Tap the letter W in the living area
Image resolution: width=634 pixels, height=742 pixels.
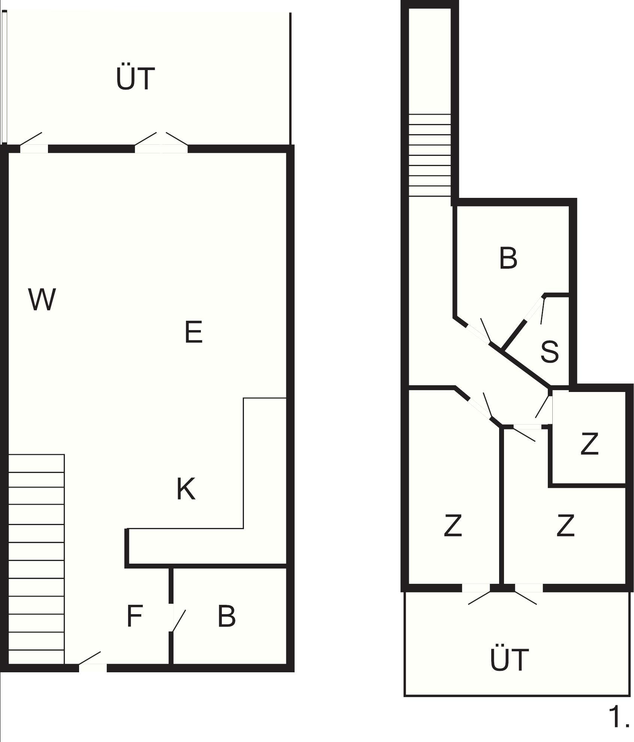click(42, 299)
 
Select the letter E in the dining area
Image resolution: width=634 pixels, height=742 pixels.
click(194, 332)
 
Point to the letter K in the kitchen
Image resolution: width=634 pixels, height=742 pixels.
click(186, 489)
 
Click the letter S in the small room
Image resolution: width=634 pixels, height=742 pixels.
click(549, 352)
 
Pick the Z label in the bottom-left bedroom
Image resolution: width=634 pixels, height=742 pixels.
click(453, 525)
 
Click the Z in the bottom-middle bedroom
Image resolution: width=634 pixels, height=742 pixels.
click(565, 525)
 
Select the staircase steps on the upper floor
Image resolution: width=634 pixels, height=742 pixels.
click(429, 155)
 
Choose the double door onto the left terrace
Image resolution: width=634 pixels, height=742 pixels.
click(161, 142)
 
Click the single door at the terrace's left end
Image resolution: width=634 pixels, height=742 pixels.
click(33, 142)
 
